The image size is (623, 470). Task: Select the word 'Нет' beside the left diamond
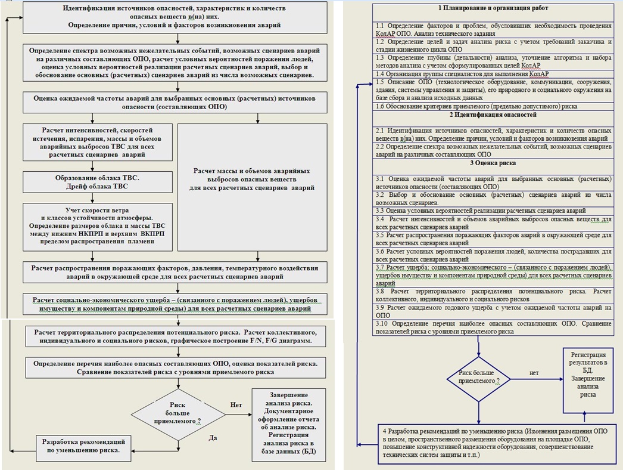click(236, 405)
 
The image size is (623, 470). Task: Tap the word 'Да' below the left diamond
click(213, 437)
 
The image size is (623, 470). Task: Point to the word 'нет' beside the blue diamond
click(534, 373)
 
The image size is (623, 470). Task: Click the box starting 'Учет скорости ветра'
click(98, 228)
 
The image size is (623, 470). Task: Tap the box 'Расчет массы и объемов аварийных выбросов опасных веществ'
click(253, 179)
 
